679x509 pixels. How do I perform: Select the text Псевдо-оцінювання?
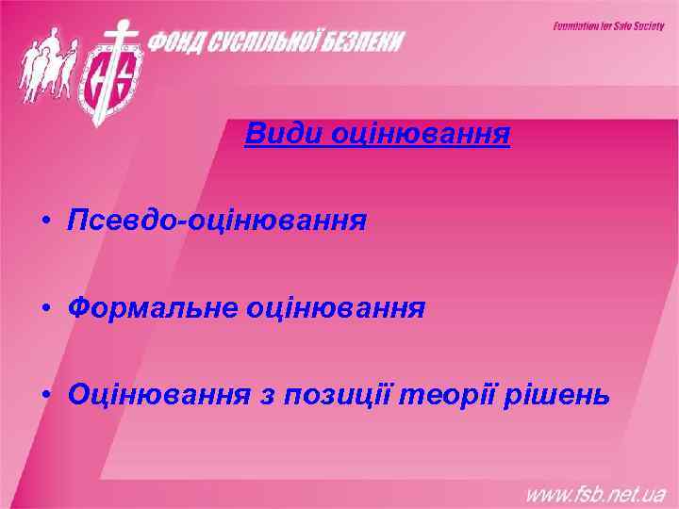point(217,222)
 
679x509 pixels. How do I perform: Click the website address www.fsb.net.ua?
point(595,491)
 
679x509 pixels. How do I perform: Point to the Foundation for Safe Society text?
point(608,26)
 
